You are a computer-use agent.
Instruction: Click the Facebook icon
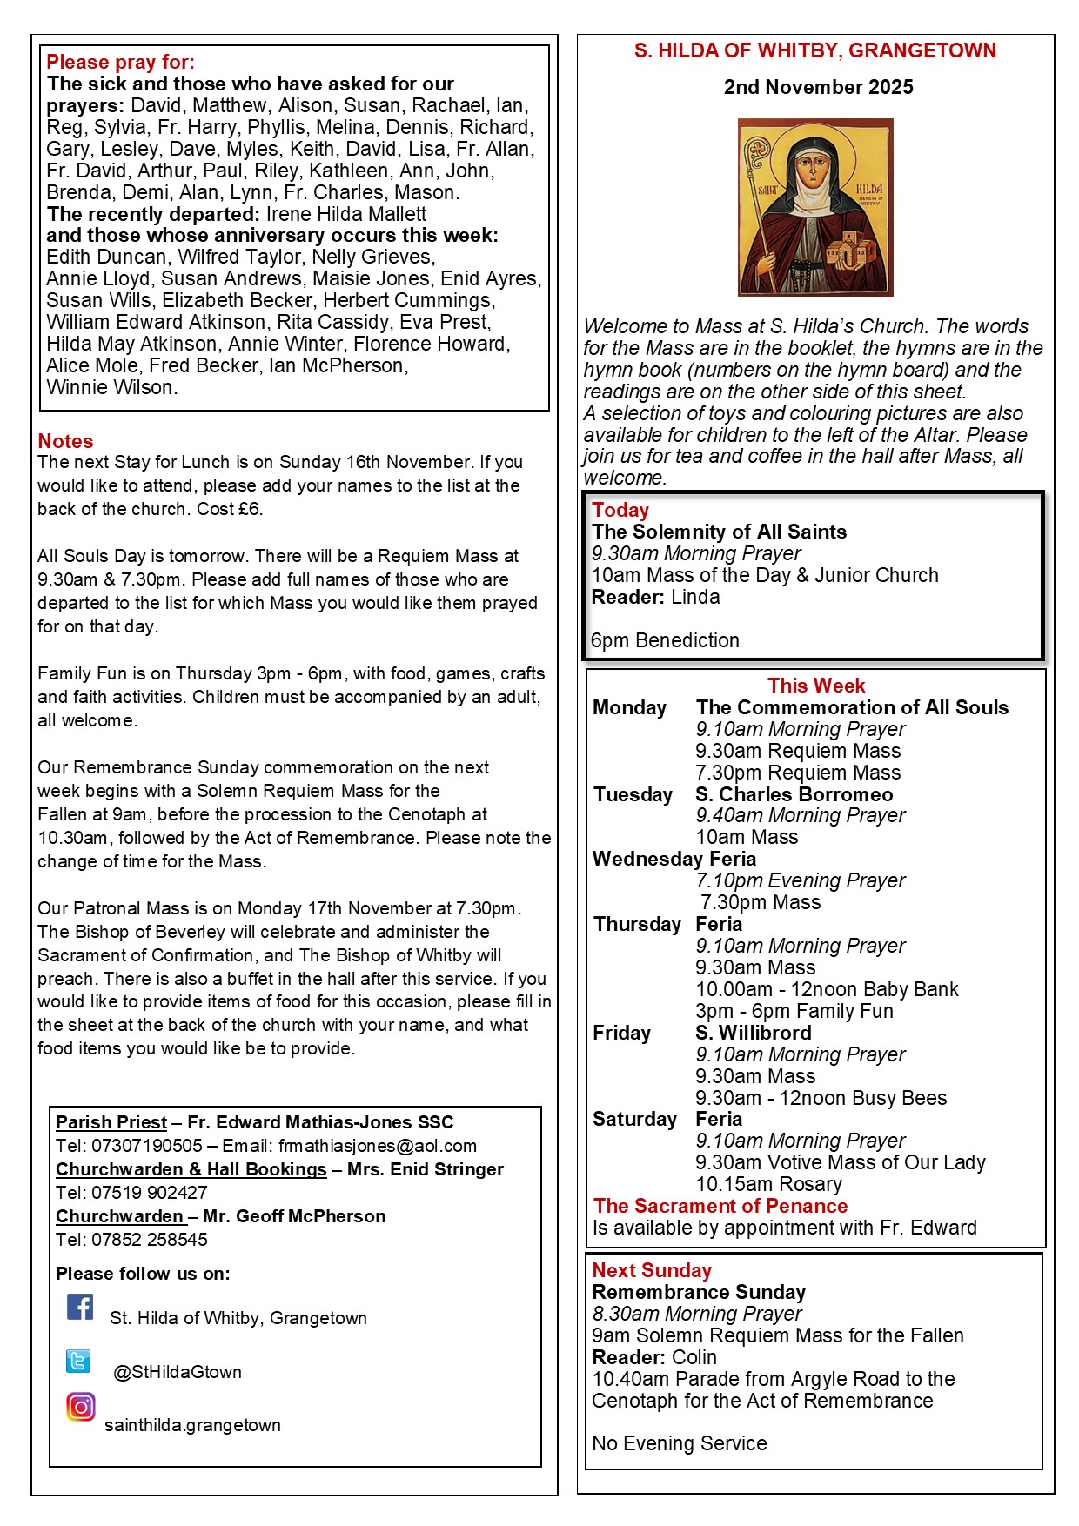click(80, 1307)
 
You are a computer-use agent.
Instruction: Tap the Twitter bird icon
click(78, 1361)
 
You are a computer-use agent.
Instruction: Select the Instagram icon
click(80, 1407)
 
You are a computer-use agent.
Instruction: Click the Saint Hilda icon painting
click(815, 207)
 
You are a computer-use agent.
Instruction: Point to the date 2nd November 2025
click(818, 87)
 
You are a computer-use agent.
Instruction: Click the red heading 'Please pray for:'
click(121, 62)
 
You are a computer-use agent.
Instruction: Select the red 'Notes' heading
click(65, 441)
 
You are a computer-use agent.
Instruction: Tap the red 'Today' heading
click(620, 510)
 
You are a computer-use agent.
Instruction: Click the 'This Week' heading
click(816, 686)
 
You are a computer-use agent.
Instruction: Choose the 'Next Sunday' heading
click(652, 1270)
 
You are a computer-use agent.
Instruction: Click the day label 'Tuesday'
click(633, 794)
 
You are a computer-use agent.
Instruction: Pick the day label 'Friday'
click(622, 1033)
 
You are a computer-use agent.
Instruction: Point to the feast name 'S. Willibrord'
click(754, 1033)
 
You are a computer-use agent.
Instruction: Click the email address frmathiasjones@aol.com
click(378, 1146)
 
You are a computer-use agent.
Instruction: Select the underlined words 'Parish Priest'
click(111, 1122)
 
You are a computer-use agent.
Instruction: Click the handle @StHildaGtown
click(178, 1372)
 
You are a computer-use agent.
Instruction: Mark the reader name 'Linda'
click(695, 597)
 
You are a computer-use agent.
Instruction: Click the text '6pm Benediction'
click(666, 640)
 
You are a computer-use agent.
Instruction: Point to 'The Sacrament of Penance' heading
click(720, 1206)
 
